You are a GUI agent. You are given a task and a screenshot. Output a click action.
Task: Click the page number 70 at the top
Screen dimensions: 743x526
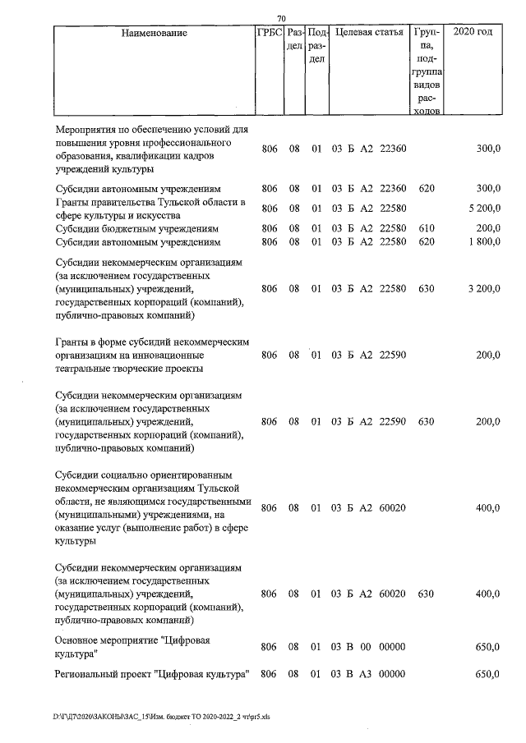(281, 18)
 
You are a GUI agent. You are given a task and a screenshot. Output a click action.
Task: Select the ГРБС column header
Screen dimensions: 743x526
(270, 34)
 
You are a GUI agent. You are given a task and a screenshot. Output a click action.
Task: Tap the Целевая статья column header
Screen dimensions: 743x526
(368, 34)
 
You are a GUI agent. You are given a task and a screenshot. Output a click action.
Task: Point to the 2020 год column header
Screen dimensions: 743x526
(473, 34)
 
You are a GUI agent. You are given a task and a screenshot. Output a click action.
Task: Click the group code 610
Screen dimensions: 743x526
(426, 227)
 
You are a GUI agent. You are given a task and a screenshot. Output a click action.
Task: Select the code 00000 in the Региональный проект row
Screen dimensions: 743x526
(392, 674)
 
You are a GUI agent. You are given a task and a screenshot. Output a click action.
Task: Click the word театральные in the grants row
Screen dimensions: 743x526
(90, 369)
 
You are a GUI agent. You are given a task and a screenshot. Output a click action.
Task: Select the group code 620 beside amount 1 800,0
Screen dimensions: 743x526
(426, 242)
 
